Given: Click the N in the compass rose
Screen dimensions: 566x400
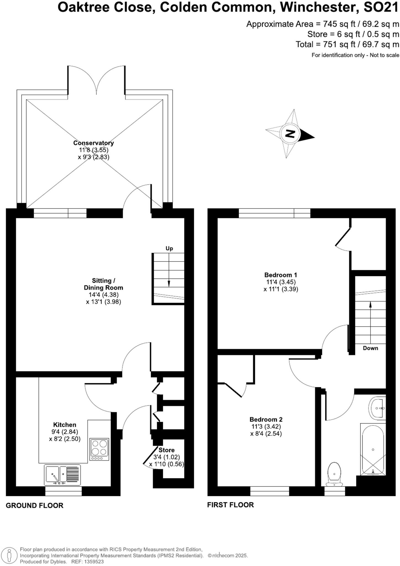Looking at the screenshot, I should pos(290,134).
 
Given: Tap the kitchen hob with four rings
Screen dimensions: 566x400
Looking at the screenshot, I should pos(99,449).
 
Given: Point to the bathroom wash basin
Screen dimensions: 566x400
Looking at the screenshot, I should pos(377,408).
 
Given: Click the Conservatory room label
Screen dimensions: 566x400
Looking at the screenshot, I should pos(93,143).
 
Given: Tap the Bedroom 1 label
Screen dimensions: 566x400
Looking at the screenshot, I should pos(280,275).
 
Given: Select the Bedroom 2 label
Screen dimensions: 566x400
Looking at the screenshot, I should pos(266,420).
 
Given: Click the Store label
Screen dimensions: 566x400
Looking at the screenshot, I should pos(166,450).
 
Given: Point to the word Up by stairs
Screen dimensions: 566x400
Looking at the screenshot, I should pos(169,248).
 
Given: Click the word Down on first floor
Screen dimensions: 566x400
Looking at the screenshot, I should pos(370,348).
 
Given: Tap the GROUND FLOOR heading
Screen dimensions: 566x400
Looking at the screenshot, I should pos(35,505).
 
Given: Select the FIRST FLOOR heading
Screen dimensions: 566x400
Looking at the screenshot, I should pos(230,505).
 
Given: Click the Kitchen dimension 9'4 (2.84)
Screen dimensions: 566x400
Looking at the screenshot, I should pos(65,432).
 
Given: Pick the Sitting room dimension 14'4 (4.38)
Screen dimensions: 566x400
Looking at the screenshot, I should pos(103,295).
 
